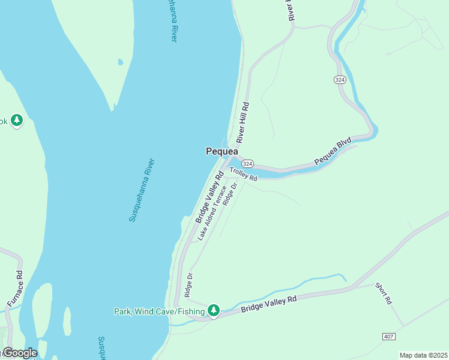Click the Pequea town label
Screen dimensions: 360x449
pos(222,152)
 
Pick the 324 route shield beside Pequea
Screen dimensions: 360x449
pos(248,164)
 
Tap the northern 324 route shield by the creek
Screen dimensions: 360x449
pos(340,79)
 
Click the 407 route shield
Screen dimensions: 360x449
pos(388,337)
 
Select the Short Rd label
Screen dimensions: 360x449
pos(384,292)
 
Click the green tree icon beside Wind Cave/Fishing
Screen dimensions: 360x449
pos(213,310)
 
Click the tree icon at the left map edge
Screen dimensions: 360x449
pos(17,121)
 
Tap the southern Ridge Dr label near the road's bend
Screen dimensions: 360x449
pos(188,285)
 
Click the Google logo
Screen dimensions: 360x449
pos(20,353)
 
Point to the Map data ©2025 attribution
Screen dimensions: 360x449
pos(423,355)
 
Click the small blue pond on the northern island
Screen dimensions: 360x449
pos(121,62)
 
